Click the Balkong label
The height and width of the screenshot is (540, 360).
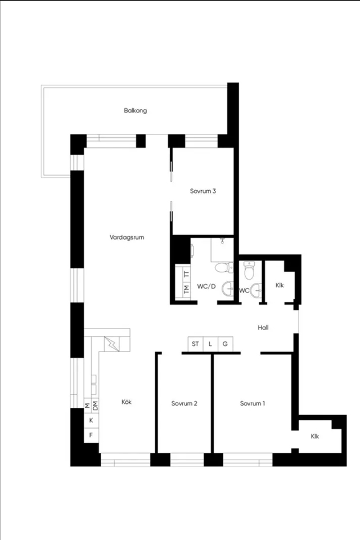point(136,111)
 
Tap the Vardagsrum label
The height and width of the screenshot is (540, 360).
point(127,237)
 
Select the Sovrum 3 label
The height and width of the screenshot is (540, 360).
point(203,191)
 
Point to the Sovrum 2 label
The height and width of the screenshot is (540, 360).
point(184,403)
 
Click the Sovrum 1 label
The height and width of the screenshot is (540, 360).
point(253,403)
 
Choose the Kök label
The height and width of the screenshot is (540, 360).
point(127,402)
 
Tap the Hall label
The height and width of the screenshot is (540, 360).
point(263,327)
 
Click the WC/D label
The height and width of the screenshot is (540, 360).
point(206,286)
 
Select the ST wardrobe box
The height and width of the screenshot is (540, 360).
point(195,344)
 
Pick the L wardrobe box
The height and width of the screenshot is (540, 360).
point(210,344)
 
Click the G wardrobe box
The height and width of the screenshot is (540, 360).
point(226,344)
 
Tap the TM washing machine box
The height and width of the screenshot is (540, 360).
point(186,289)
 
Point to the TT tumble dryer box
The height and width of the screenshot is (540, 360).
point(186,274)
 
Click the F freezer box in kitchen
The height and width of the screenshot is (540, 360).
point(91,435)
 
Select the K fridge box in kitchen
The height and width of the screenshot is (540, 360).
point(91,420)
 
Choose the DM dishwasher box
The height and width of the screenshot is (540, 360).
point(95,406)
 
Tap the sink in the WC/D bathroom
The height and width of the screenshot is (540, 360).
point(228,289)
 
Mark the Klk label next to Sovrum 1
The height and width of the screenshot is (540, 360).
point(315,436)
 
